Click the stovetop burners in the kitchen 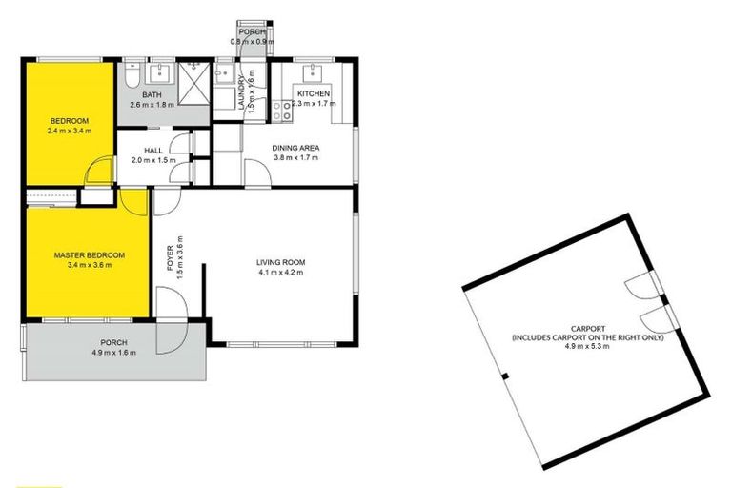(x=282, y=111)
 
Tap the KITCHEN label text (x=314, y=94)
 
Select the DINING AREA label (x=295, y=148)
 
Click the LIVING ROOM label (x=279, y=262)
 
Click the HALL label (x=153, y=151)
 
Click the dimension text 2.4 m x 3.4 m (x=70, y=131)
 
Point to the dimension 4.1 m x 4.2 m (x=279, y=273)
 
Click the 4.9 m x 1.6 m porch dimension (x=113, y=353)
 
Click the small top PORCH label (x=252, y=31)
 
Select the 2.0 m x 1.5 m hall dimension (x=153, y=160)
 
